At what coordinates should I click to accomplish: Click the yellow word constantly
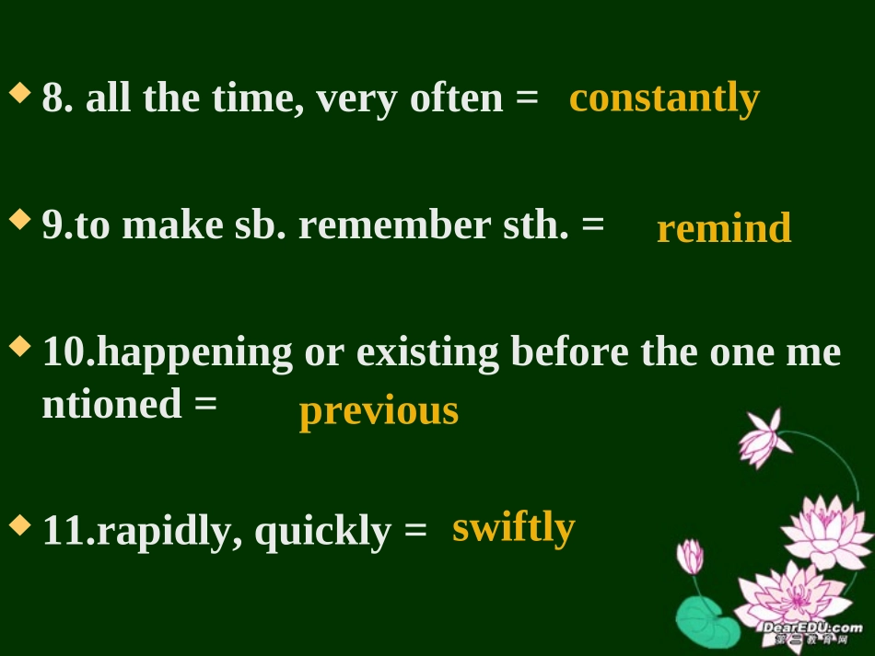[664, 98]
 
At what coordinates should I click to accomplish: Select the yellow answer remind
[723, 228]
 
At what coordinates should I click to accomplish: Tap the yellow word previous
[379, 410]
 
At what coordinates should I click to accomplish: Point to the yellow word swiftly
[513, 528]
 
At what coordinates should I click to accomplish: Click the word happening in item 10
[193, 352]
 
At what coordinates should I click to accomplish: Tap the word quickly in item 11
[321, 531]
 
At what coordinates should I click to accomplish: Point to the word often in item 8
[456, 98]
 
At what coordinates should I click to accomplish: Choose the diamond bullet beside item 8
[19, 94]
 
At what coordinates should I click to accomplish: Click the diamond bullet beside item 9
[19, 221]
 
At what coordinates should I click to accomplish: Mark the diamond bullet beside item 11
[19, 526]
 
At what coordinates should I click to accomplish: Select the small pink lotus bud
[690, 557]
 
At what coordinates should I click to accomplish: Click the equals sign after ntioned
[206, 404]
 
